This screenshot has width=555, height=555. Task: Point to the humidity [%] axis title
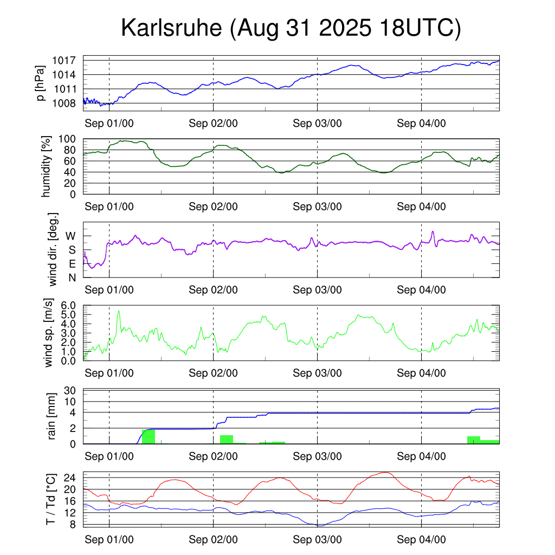pyautogui.click(x=47, y=166)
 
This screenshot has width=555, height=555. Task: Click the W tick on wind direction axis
pyautogui.click(x=70, y=236)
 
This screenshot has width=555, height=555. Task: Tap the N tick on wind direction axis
pyautogui.click(x=72, y=277)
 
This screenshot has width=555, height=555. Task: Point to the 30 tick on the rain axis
pyautogui.click(x=70, y=391)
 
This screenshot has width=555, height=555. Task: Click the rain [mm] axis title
pyautogui.click(x=52, y=416)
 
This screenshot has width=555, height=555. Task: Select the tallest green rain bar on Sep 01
pyautogui.click(x=149, y=436)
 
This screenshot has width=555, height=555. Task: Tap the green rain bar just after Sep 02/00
pyautogui.click(x=227, y=439)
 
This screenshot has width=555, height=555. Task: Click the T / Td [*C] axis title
pyautogui.click(x=50, y=499)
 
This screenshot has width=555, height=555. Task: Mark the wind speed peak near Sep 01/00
pyautogui.click(x=119, y=311)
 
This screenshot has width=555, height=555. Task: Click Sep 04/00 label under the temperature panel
pyautogui.click(x=421, y=540)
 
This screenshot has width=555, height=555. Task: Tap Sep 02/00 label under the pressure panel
pyautogui.click(x=213, y=123)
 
